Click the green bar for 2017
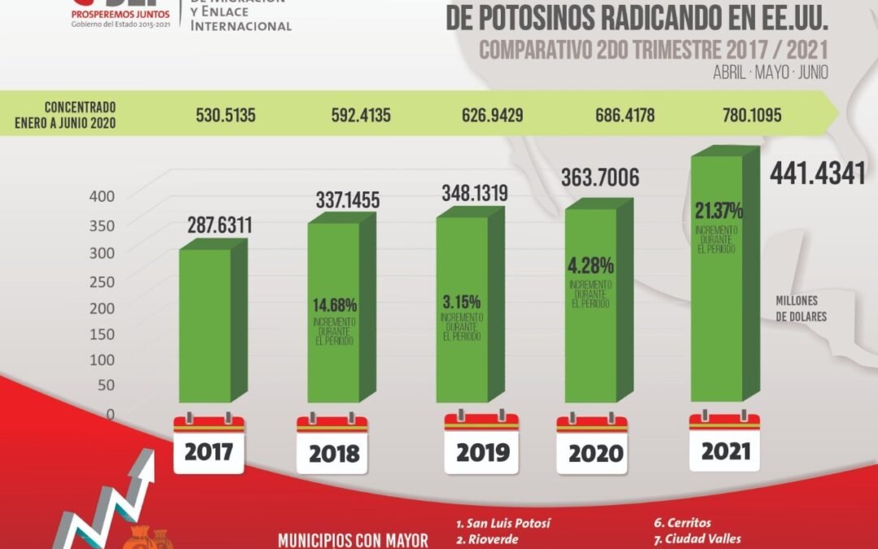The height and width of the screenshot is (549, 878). click(205, 325)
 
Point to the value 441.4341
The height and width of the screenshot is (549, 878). click(817, 173)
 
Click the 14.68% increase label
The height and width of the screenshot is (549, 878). click(334, 305)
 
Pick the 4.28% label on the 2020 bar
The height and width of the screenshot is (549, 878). click(591, 265)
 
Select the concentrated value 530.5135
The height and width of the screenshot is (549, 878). click(226, 115)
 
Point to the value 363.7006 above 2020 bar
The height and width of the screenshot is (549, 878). click(600, 177)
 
